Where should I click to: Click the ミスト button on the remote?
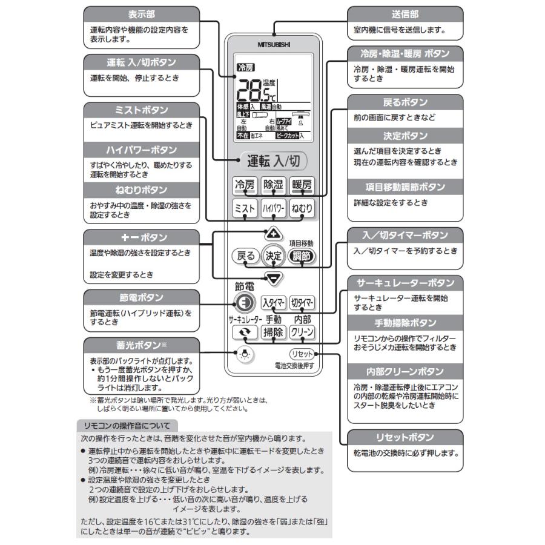click(244, 208)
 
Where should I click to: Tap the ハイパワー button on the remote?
click(273, 208)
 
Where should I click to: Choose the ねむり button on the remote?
click(302, 208)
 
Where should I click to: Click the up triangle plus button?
click(273, 233)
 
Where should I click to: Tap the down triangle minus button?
click(274, 279)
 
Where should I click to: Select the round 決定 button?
click(274, 256)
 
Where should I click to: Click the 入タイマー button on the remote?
click(273, 303)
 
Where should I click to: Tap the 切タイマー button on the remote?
click(302, 303)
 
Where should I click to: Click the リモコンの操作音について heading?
click(128, 426)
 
